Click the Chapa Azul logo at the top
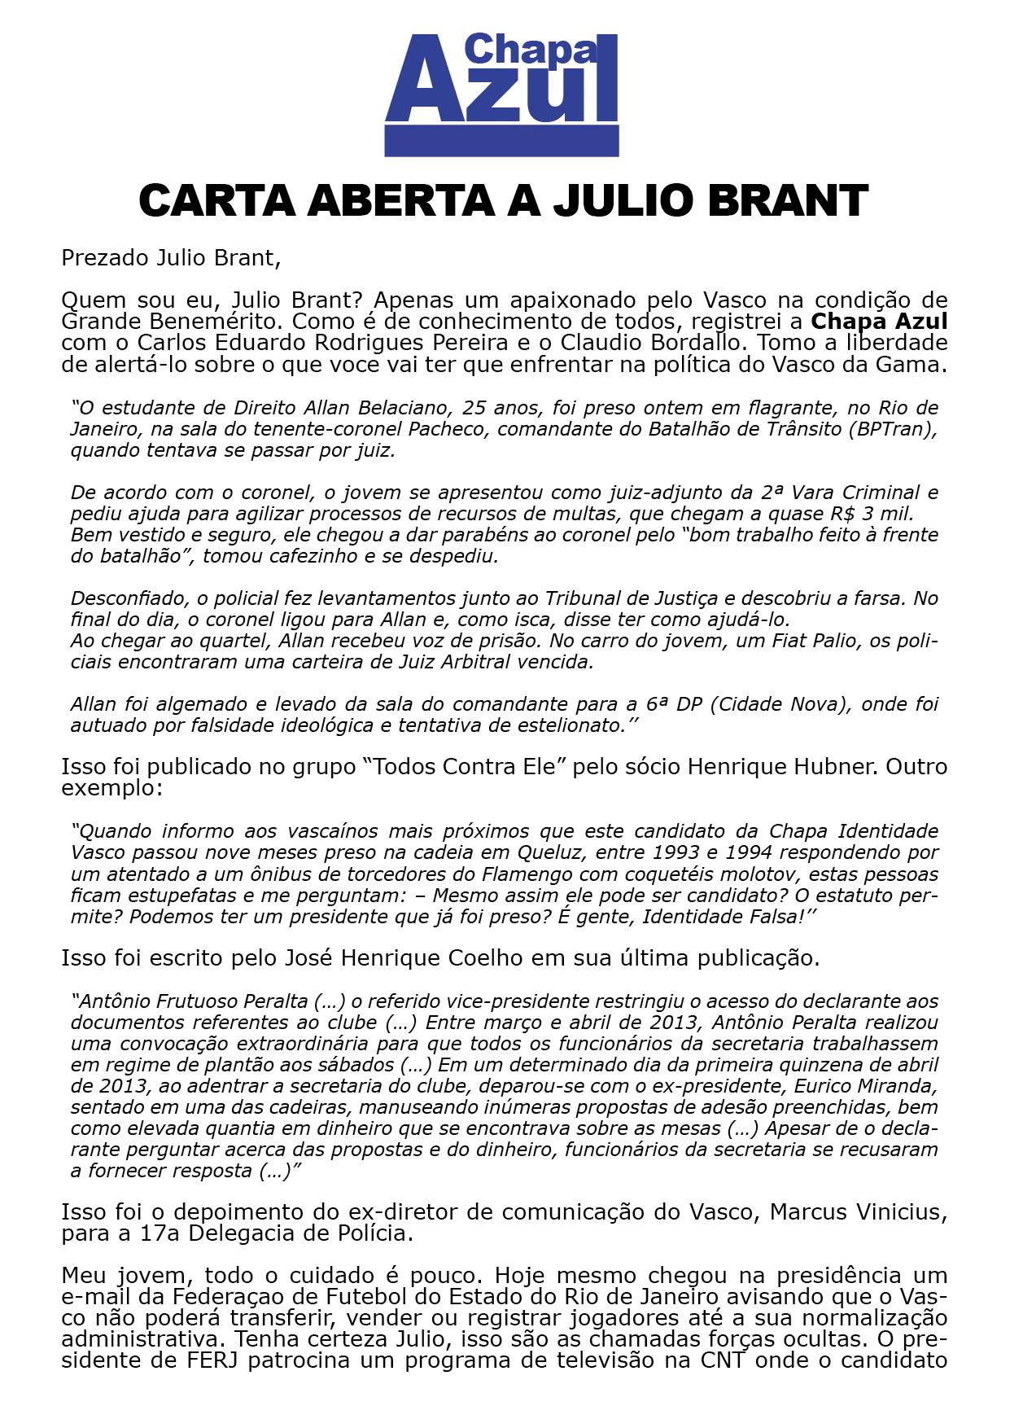501,94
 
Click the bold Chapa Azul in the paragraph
880,321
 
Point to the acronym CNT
725,1361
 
